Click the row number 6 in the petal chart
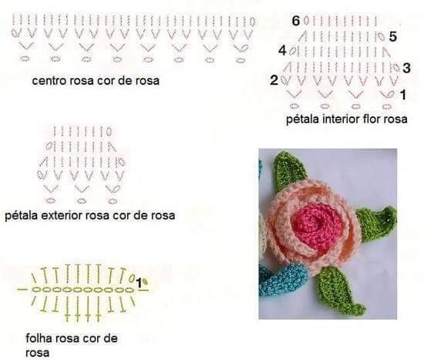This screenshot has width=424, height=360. coord(296,21)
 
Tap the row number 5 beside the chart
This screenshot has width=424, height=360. coord(393,36)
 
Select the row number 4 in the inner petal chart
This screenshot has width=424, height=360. coord(283,51)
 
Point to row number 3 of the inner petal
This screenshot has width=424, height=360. coord(406,68)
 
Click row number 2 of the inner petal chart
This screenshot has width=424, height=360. coord(274,80)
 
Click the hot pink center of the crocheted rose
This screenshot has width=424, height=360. coord(315,224)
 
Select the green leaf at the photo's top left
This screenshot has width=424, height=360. coord(288,171)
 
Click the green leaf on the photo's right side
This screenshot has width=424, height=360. coord(377,223)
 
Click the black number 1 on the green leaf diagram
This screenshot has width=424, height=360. coord(139,283)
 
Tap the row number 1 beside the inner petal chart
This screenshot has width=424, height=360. coord(403,95)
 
